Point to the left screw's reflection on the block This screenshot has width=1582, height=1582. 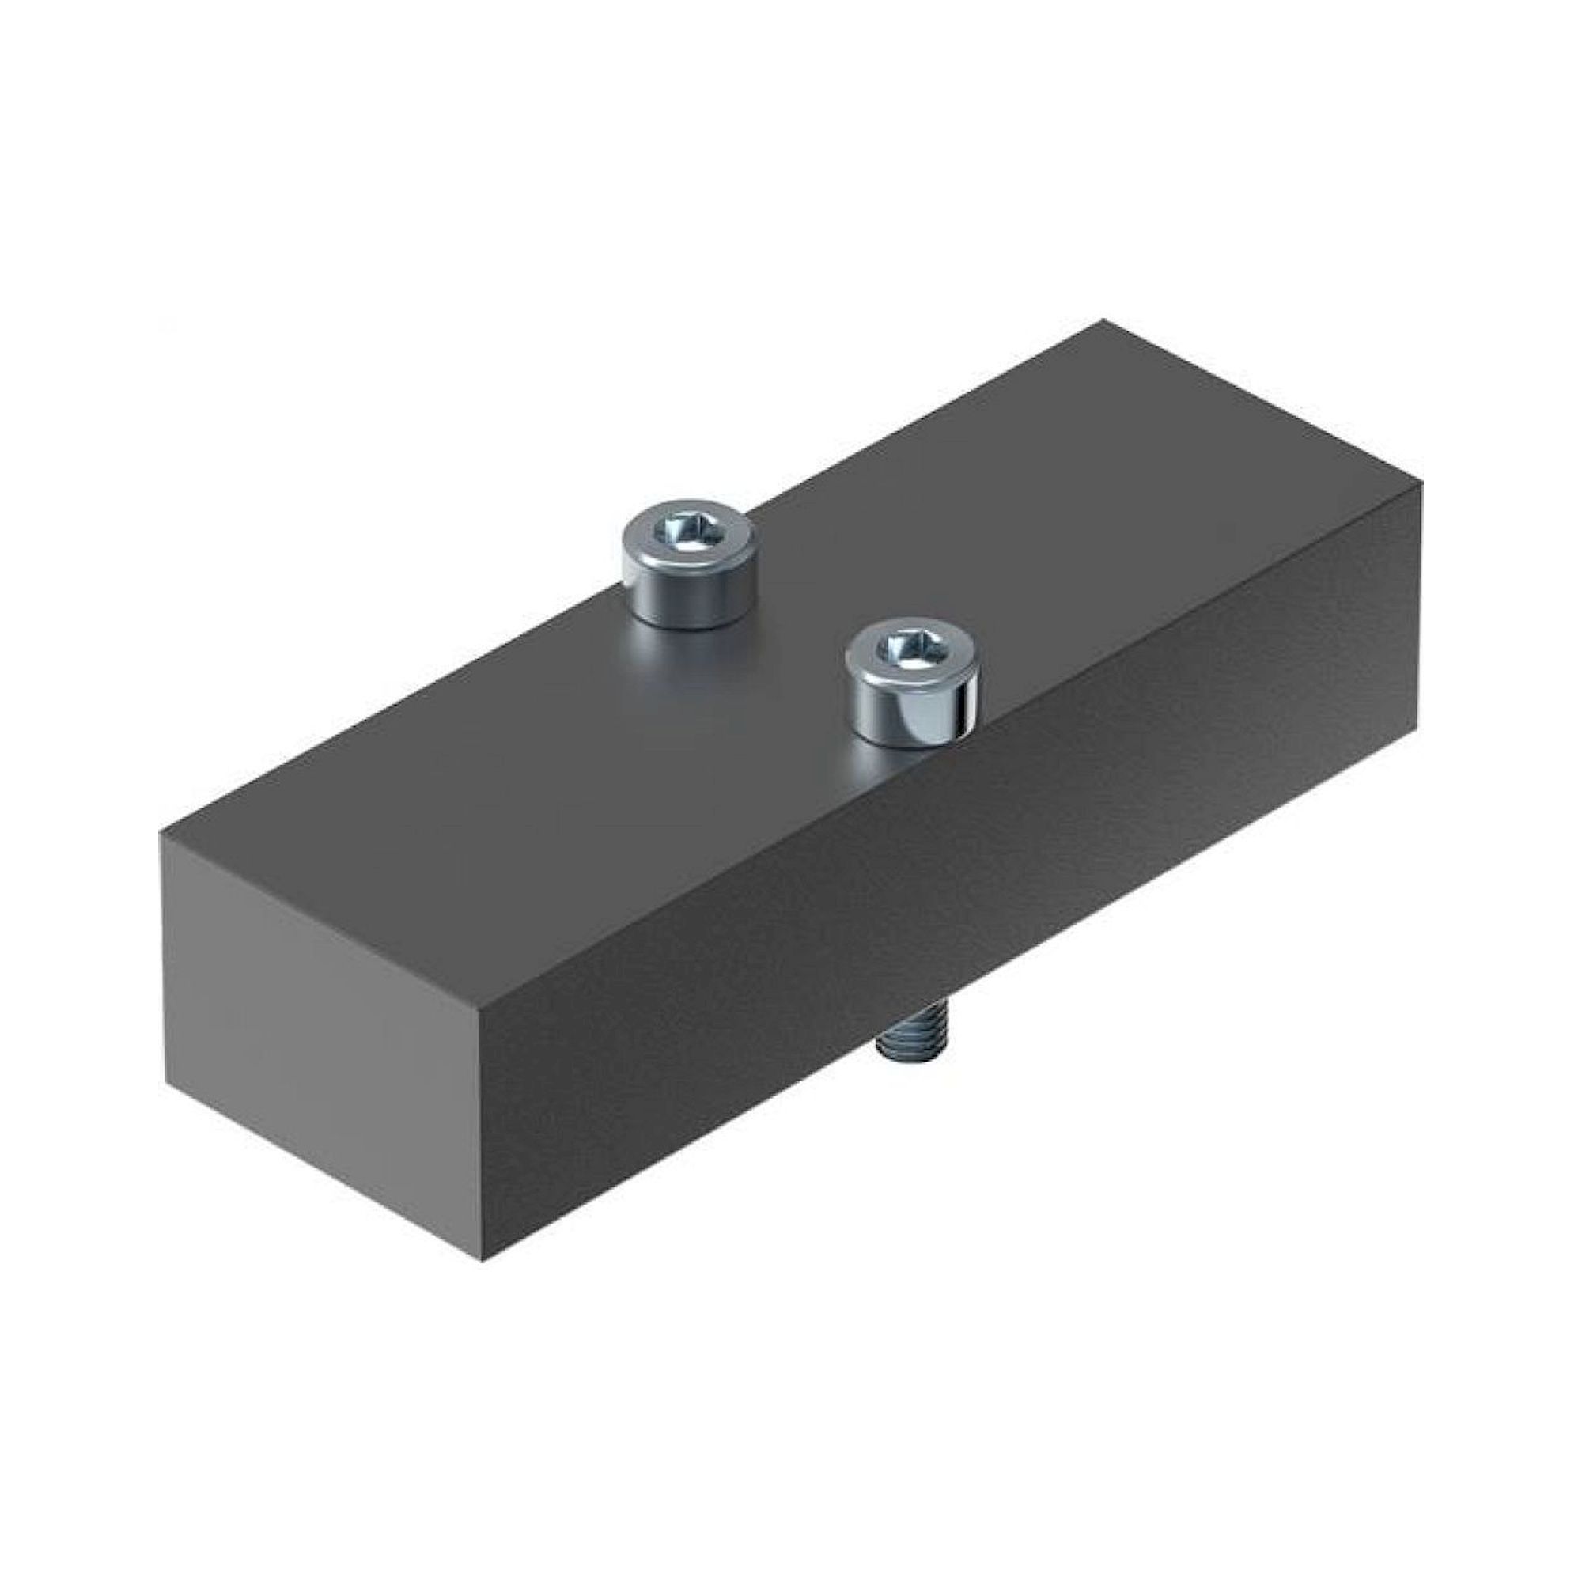tap(692, 655)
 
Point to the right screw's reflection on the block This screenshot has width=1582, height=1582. tap(884, 766)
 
